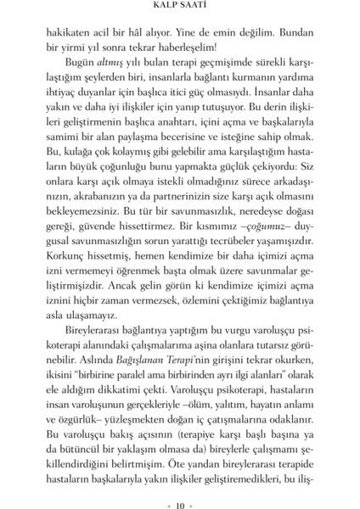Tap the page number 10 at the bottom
click(x=180, y=494)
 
